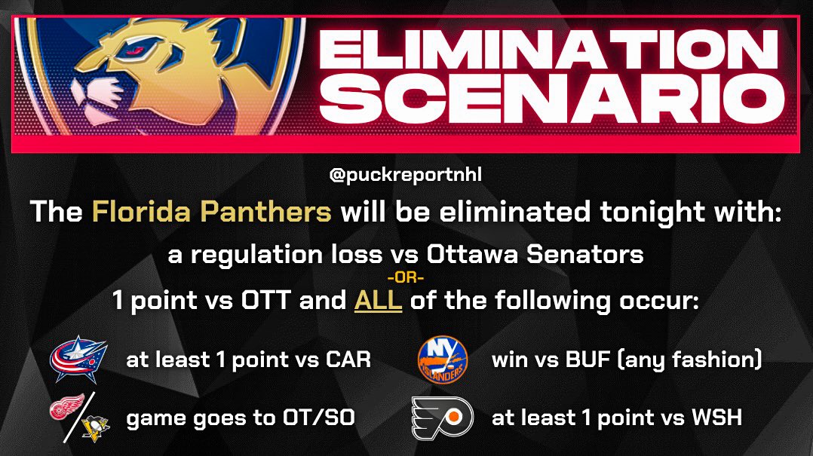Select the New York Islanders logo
[x=442, y=359]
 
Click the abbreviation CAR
[x=348, y=360]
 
